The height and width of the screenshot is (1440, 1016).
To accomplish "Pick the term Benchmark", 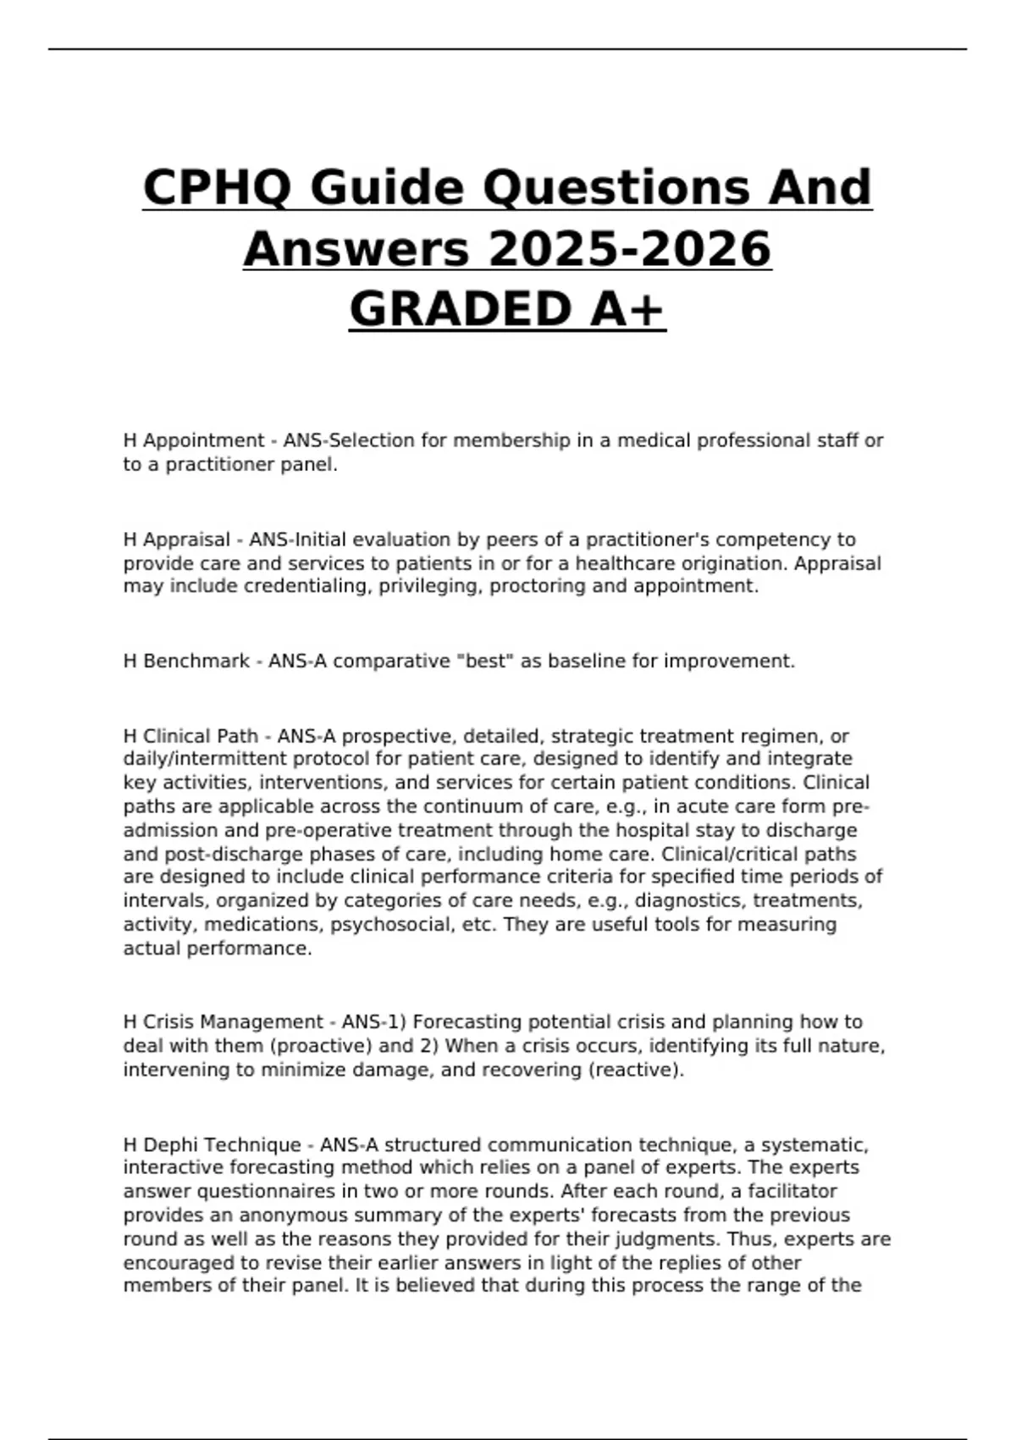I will [196, 661].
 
